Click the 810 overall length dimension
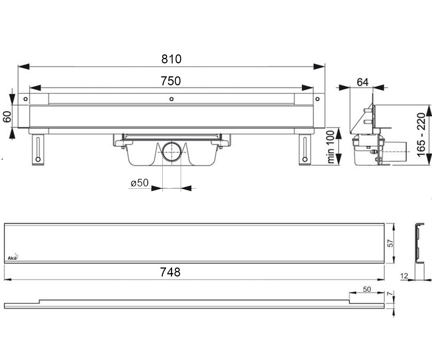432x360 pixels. [x=171, y=59]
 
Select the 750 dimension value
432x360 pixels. [x=171, y=81]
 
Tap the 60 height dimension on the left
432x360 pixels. [x=7, y=117]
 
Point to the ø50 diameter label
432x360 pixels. [x=139, y=183]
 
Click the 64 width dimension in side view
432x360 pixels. [x=363, y=82]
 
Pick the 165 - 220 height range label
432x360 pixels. [x=421, y=135]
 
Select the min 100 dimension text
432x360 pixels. [x=330, y=147]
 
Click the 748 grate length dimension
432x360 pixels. [x=170, y=272]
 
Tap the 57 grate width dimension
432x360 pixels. [x=390, y=243]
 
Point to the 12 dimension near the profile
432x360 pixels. [x=404, y=276]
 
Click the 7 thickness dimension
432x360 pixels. [x=390, y=294]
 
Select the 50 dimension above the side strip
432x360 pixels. [x=367, y=289]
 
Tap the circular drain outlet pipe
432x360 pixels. [x=172, y=152]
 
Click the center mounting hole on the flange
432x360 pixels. [x=171, y=99]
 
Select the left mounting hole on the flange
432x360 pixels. [x=26, y=99]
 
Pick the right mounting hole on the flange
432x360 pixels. [x=318, y=99]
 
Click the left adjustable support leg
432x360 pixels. [x=38, y=150]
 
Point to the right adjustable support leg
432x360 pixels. [x=305, y=150]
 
